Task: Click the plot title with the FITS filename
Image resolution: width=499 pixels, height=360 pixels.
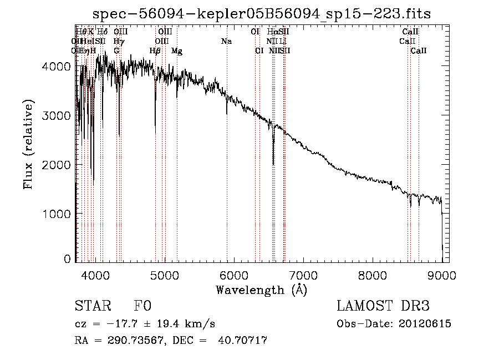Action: pos(262,13)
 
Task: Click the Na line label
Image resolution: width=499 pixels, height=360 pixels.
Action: pos(226,42)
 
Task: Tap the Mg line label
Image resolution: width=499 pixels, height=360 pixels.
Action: pos(177,51)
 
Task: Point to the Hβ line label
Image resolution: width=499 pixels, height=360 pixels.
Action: pos(155,51)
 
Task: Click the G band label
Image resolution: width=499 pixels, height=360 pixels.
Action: pos(116,51)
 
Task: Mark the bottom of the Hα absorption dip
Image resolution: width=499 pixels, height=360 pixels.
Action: pos(273,164)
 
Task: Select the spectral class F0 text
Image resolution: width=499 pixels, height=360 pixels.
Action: pos(142,306)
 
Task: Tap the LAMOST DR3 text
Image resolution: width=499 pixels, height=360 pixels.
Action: pos(383,306)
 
